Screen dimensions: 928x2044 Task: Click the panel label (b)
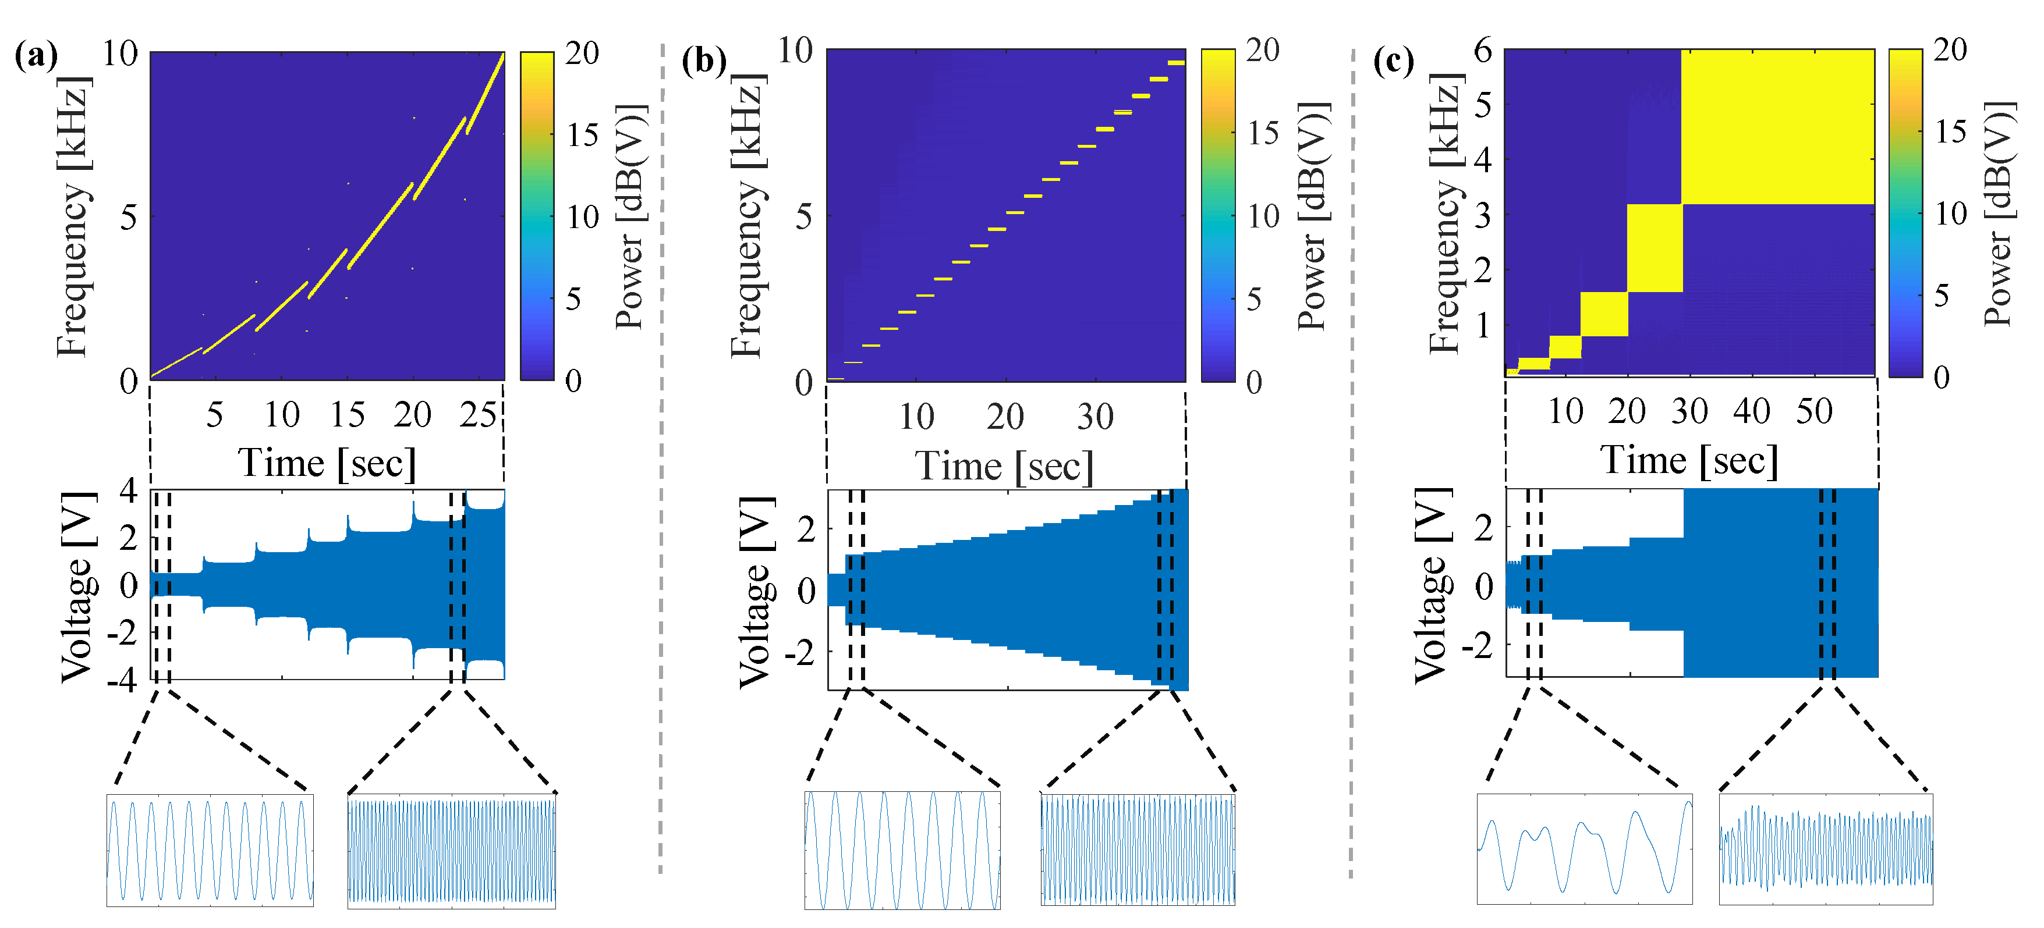(x=703, y=61)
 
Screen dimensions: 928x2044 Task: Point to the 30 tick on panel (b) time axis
(x=1095, y=417)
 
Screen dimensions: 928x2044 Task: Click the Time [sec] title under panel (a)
(x=327, y=463)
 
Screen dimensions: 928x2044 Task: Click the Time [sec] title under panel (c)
(x=1688, y=461)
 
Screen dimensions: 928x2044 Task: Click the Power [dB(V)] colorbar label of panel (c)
(x=1998, y=214)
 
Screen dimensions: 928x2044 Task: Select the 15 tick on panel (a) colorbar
(x=582, y=136)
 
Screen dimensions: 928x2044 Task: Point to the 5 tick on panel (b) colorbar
(x=1253, y=300)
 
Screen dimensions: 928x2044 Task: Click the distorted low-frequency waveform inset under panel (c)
(x=1584, y=849)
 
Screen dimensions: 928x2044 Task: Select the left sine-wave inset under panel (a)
(x=210, y=850)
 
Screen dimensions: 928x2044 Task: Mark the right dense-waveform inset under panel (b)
(x=1138, y=849)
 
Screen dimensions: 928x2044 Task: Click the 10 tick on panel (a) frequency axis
(x=121, y=54)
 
